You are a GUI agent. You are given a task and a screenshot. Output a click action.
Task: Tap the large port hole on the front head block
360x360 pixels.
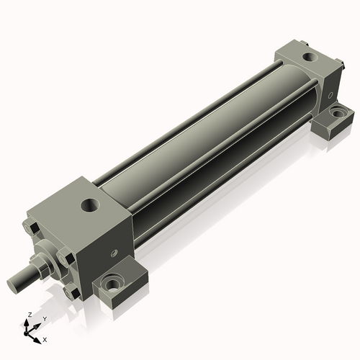tap(90, 205)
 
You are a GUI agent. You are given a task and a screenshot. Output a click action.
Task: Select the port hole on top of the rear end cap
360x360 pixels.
tap(310, 57)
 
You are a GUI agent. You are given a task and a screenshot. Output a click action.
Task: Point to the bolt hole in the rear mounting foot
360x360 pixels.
tap(338, 112)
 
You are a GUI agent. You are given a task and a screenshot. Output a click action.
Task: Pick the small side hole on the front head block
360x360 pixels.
tap(115, 253)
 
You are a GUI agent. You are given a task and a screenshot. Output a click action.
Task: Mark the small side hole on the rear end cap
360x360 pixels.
tap(330, 95)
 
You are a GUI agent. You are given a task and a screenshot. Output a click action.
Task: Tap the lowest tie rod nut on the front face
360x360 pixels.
tap(72, 292)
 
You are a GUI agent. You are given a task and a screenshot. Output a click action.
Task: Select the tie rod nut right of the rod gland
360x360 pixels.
tap(66, 258)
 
